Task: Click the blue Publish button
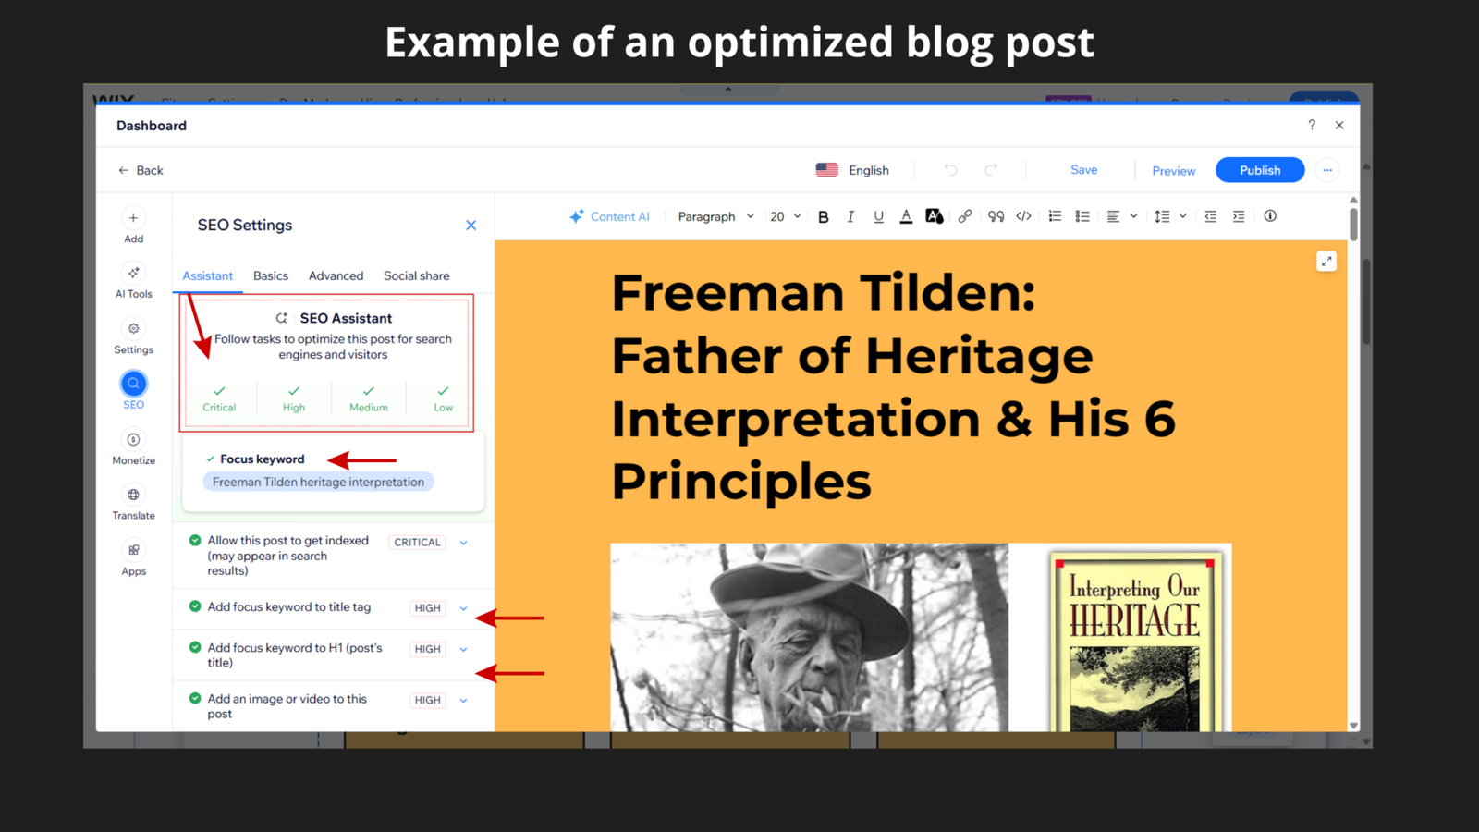click(1259, 170)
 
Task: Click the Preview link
click(1173, 171)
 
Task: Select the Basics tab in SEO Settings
click(271, 275)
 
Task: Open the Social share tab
click(416, 275)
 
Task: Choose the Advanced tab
click(336, 275)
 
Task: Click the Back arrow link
click(141, 170)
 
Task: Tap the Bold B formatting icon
click(823, 216)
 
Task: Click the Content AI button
click(610, 216)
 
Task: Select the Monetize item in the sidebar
click(133, 447)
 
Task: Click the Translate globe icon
click(133, 496)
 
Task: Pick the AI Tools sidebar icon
click(133, 274)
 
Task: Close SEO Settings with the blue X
click(471, 225)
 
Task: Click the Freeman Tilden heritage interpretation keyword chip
click(318, 482)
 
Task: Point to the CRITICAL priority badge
click(417, 542)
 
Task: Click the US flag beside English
click(826, 170)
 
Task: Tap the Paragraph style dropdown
click(715, 216)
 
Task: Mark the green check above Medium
click(368, 391)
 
